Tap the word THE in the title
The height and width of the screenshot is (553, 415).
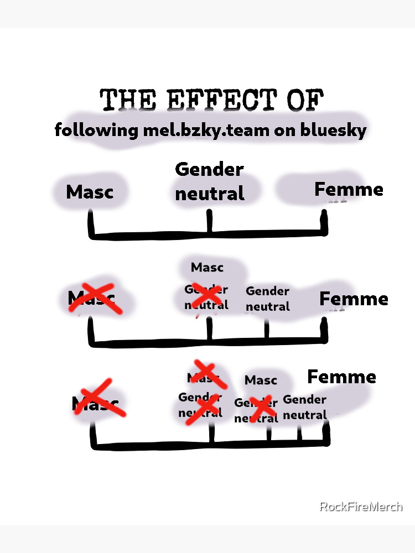(125, 101)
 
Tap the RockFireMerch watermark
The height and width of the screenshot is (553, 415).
(361, 506)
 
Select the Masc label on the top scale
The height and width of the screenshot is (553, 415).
(90, 192)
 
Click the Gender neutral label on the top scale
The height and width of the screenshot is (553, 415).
(210, 181)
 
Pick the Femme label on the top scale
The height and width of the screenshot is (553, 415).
(349, 190)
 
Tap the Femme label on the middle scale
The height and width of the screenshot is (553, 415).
(354, 299)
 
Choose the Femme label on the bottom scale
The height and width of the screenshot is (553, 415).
(341, 377)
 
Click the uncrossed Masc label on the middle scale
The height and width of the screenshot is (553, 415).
(207, 268)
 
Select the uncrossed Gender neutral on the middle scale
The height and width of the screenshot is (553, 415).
(268, 299)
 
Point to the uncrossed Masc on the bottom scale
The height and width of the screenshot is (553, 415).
(261, 380)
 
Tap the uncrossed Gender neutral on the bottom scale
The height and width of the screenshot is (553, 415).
(305, 407)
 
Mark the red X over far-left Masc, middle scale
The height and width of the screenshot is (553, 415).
(91, 298)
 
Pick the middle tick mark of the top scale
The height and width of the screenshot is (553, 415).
(210, 222)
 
